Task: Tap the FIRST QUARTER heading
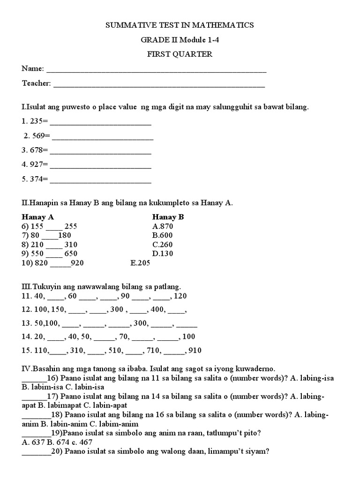tap(180, 54)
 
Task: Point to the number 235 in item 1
tap(36, 121)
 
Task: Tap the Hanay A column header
tap(34, 217)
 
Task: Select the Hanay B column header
tap(168, 217)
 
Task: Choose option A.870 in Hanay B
tap(163, 226)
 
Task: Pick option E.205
tap(140, 263)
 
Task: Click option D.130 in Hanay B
tap(163, 254)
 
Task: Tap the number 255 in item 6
tap(71, 226)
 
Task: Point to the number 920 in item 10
tap(77, 263)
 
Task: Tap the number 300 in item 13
tap(141, 323)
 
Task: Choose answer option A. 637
tap(32, 442)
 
